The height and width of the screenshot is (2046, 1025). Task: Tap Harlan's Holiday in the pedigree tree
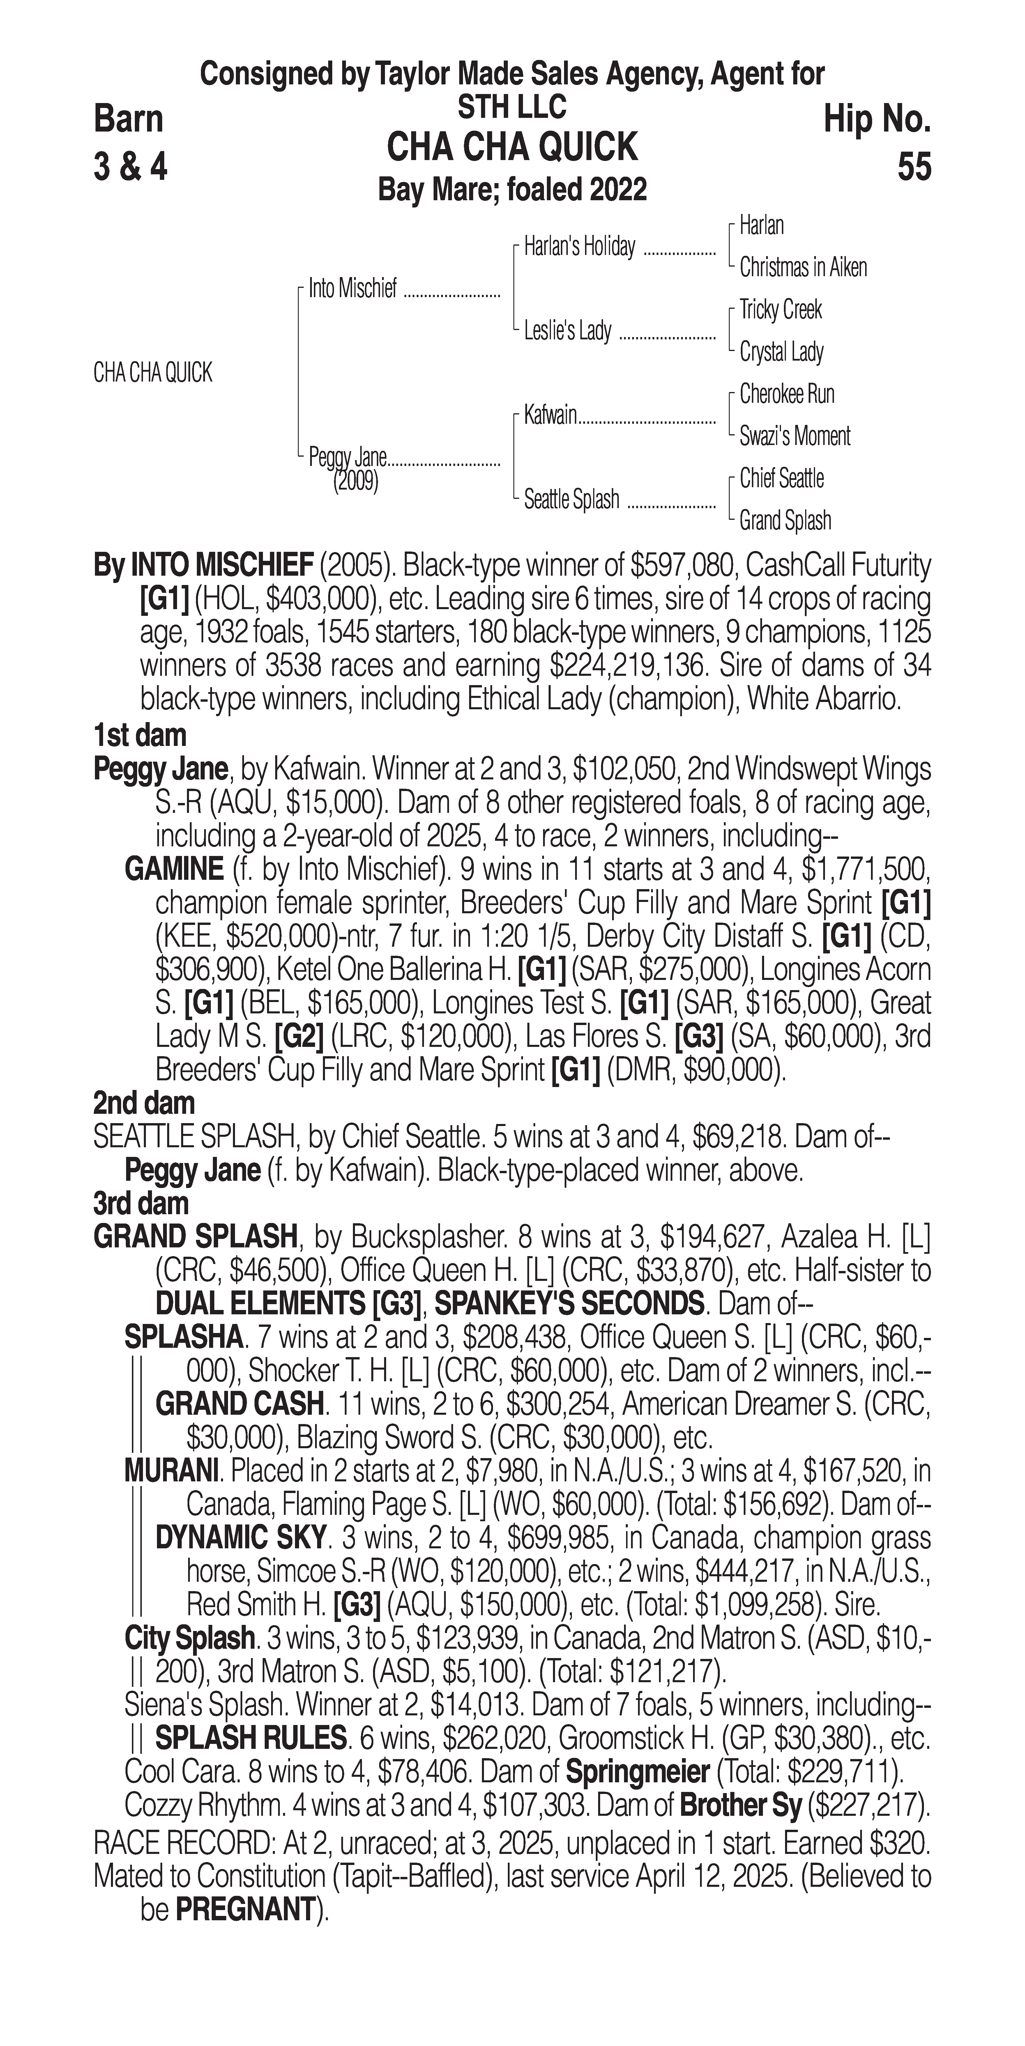579,247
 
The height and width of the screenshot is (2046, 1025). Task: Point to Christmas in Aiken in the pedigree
803,268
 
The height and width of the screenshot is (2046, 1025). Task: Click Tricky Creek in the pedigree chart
780,310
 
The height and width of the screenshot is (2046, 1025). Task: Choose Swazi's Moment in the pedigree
795,436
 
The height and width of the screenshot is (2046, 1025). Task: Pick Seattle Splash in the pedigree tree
571,500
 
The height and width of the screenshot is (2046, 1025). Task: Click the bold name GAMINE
174,870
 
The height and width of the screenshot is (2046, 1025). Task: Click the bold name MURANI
171,1472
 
